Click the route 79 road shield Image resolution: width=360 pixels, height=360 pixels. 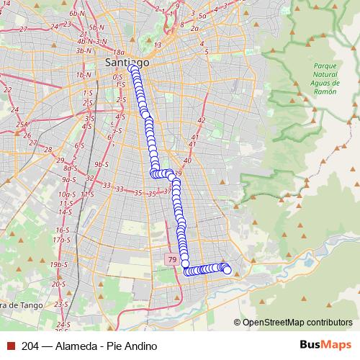click(171, 259)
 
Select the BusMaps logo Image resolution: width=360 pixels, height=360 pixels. click(326, 346)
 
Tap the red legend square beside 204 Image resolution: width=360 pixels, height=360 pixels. click(11, 346)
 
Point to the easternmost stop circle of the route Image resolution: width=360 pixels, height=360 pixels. click(228, 270)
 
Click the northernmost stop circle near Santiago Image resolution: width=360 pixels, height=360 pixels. click(134, 69)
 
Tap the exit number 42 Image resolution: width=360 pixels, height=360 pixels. click(201, 120)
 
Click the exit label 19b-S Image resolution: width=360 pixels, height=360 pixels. click(58, 265)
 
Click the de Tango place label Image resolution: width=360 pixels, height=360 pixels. click(22, 305)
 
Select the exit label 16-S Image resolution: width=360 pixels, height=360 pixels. click(62, 229)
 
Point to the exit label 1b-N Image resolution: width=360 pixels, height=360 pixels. click(84, 75)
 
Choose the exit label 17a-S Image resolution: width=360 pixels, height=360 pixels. click(62, 238)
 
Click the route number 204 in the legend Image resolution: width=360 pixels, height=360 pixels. click(30, 346)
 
